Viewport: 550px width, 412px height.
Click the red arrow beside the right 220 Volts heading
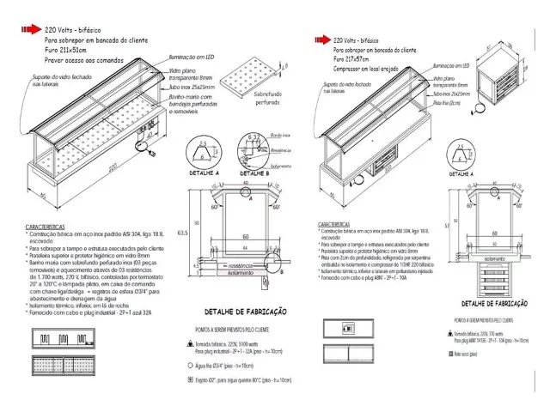click(x=323, y=39)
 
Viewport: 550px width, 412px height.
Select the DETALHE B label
click(x=254, y=173)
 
